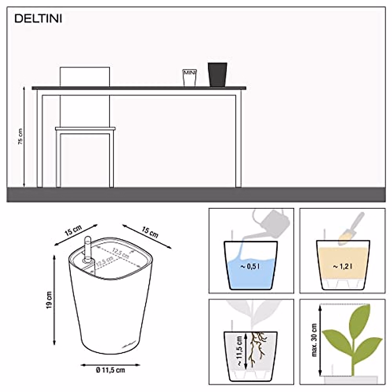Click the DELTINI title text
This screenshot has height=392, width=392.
point(38,19)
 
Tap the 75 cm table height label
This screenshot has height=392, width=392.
point(20,137)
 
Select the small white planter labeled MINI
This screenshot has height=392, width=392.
point(189,77)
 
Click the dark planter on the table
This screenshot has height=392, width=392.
point(218,74)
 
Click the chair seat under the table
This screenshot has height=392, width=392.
point(85,128)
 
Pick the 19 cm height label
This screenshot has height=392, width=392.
point(49,300)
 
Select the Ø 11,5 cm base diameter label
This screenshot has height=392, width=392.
point(110,370)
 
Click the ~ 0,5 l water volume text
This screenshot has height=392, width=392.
point(251,267)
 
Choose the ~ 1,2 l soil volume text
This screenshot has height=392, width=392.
point(342,267)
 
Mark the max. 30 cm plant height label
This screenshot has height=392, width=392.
point(314,340)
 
